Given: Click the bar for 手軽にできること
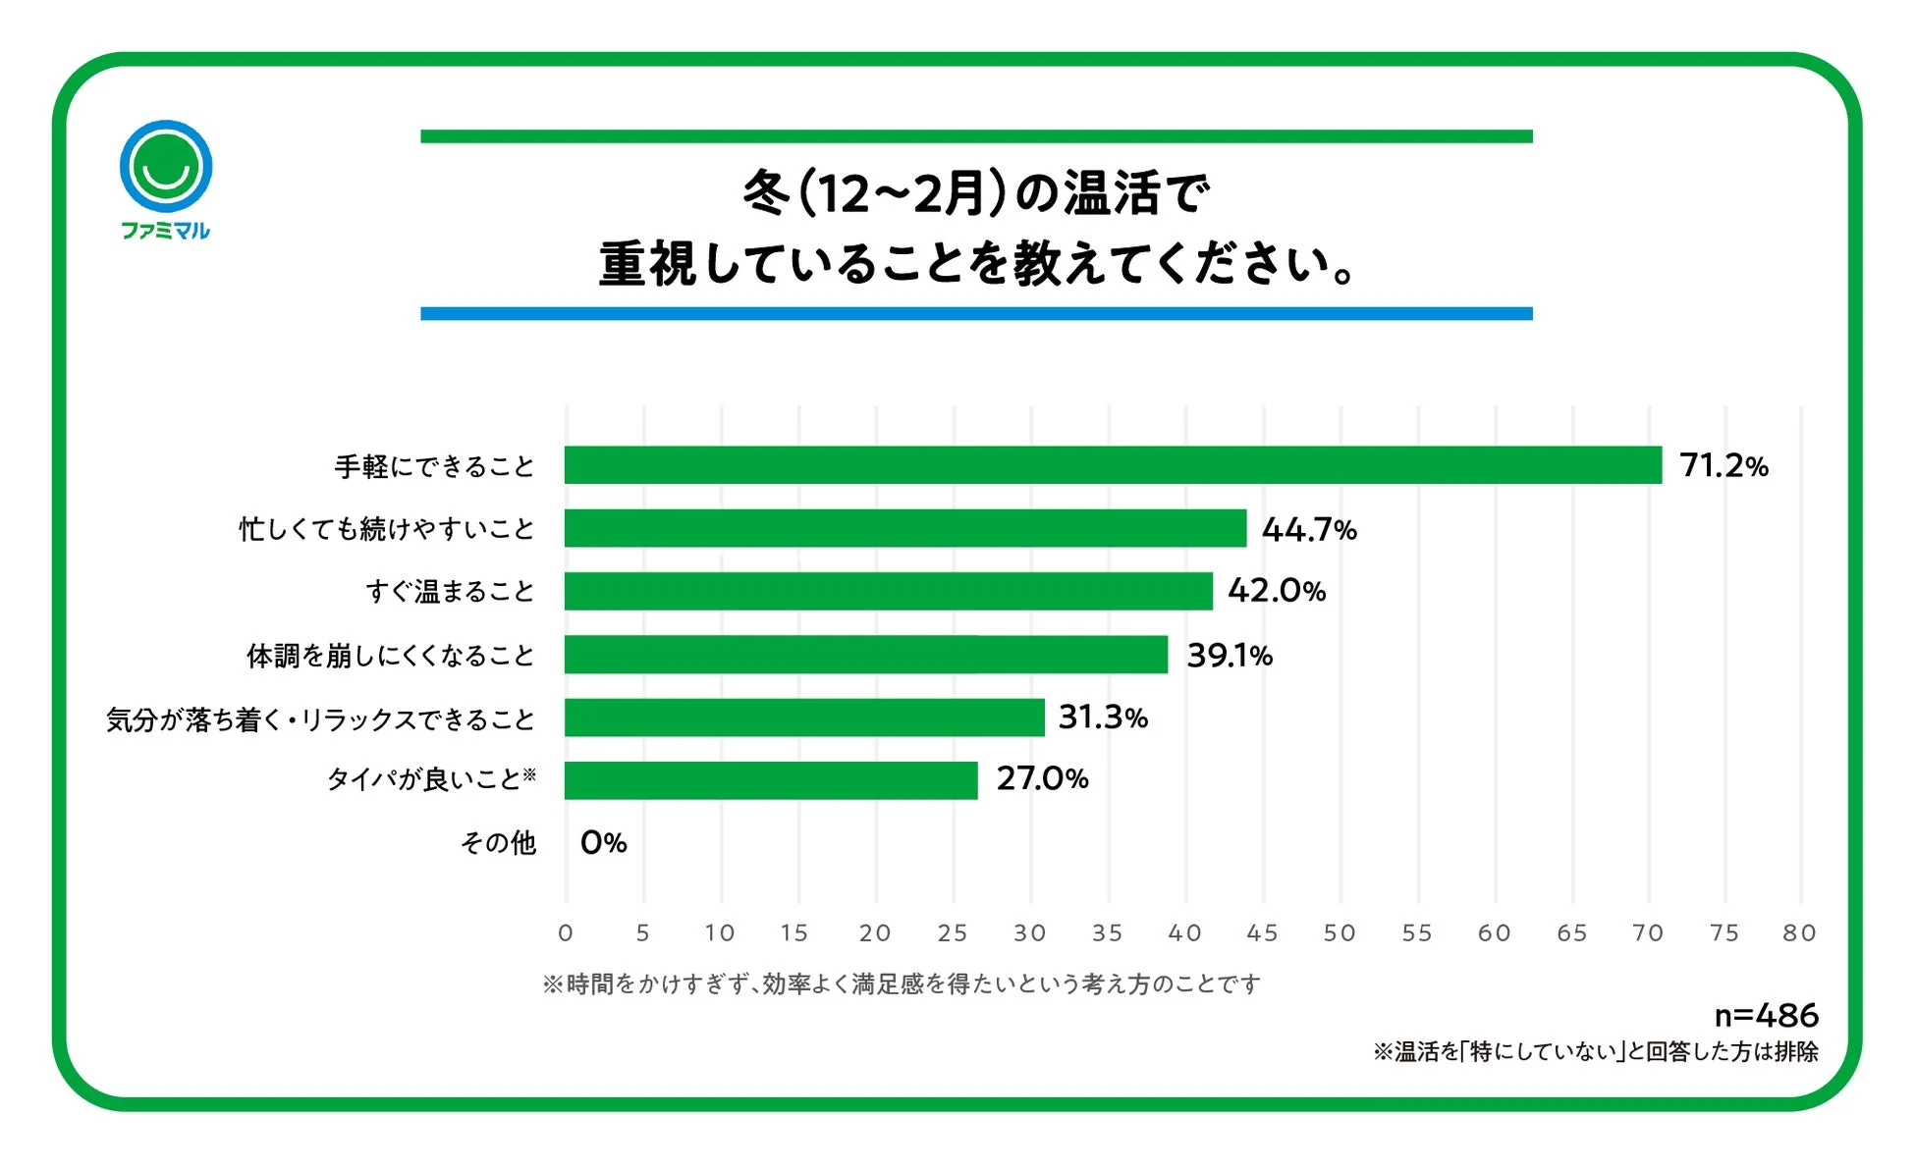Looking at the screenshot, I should click(x=1113, y=464).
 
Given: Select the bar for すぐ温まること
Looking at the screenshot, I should click(x=888, y=591).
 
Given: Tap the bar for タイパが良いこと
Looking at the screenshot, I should click(x=771, y=780).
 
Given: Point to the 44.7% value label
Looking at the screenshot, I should click(x=1309, y=530).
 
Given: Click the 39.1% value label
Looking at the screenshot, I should click(x=1230, y=655).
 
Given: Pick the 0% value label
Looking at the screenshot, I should click(x=603, y=842).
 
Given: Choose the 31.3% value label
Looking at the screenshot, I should click(x=1103, y=717).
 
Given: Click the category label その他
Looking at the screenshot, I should click(x=498, y=842).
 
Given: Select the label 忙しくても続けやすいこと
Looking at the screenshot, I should click(x=387, y=529).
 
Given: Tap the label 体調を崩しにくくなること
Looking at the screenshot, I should click(x=390, y=655).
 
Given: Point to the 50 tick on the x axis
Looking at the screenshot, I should click(x=1340, y=932).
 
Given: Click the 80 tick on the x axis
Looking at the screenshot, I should click(x=1799, y=932).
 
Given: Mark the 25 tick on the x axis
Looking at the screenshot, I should click(x=953, y=932).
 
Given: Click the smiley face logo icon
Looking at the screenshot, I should click(x=166, y=166).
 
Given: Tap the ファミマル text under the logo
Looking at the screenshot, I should click(x=165, y=231).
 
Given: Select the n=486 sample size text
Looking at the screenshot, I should click(x=1766, y=1015).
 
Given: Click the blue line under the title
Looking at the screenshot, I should click(x=976, y=313).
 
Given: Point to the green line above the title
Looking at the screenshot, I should click(x=976, y=136).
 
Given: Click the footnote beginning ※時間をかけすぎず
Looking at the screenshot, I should click(x=901, y=983).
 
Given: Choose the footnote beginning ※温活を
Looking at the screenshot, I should click(x=1595, y=1052).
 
